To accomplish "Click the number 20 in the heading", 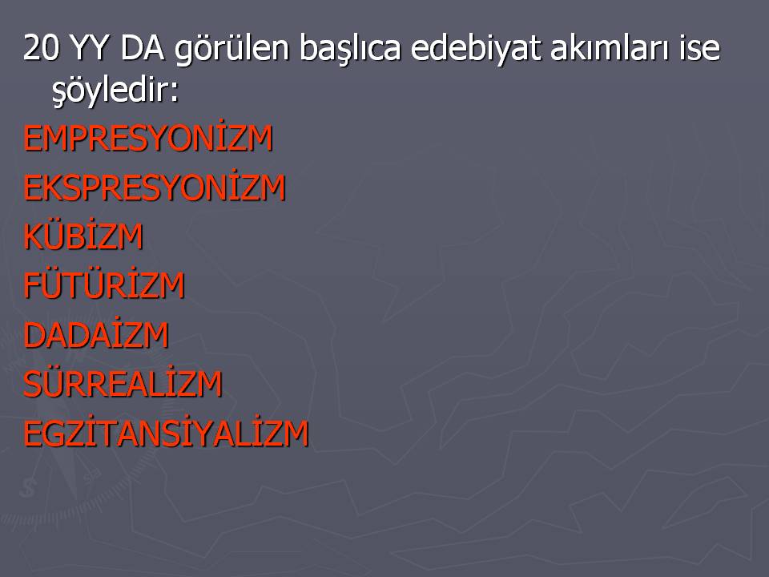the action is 41,47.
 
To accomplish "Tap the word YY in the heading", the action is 89,47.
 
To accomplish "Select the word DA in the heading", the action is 142,47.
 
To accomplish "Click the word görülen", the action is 232,50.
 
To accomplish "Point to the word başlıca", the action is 350,50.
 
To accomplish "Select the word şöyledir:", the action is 115,91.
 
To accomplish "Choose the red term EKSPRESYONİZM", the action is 155,187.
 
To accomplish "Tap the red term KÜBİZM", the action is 83,236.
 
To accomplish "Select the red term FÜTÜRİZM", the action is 104,284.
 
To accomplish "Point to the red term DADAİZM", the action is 96,334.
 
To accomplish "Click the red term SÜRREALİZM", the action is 123,383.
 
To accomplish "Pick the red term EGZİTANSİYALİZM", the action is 166,433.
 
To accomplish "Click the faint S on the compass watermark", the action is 29,487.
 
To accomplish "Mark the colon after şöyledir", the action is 175,94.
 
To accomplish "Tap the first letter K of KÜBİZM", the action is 32,237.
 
